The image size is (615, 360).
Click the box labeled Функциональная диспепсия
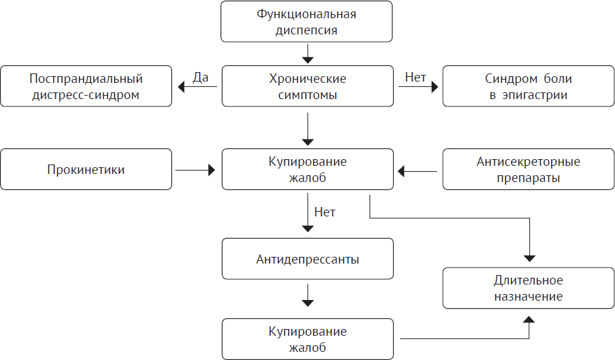307,22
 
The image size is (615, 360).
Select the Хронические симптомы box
307,86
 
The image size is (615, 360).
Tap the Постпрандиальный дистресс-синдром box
86,86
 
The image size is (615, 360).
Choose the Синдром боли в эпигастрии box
528,86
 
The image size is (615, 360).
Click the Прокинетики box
86,170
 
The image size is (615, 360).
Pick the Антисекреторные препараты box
528,170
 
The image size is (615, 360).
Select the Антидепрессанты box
307,259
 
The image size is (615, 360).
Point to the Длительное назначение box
528,288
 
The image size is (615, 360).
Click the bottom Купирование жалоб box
307,339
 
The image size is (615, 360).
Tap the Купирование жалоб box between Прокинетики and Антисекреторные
307,170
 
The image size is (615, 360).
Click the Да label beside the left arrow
200,78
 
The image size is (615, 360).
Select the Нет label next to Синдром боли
415,78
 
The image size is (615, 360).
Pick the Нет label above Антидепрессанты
325,212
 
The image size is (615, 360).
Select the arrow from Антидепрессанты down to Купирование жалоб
307,294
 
